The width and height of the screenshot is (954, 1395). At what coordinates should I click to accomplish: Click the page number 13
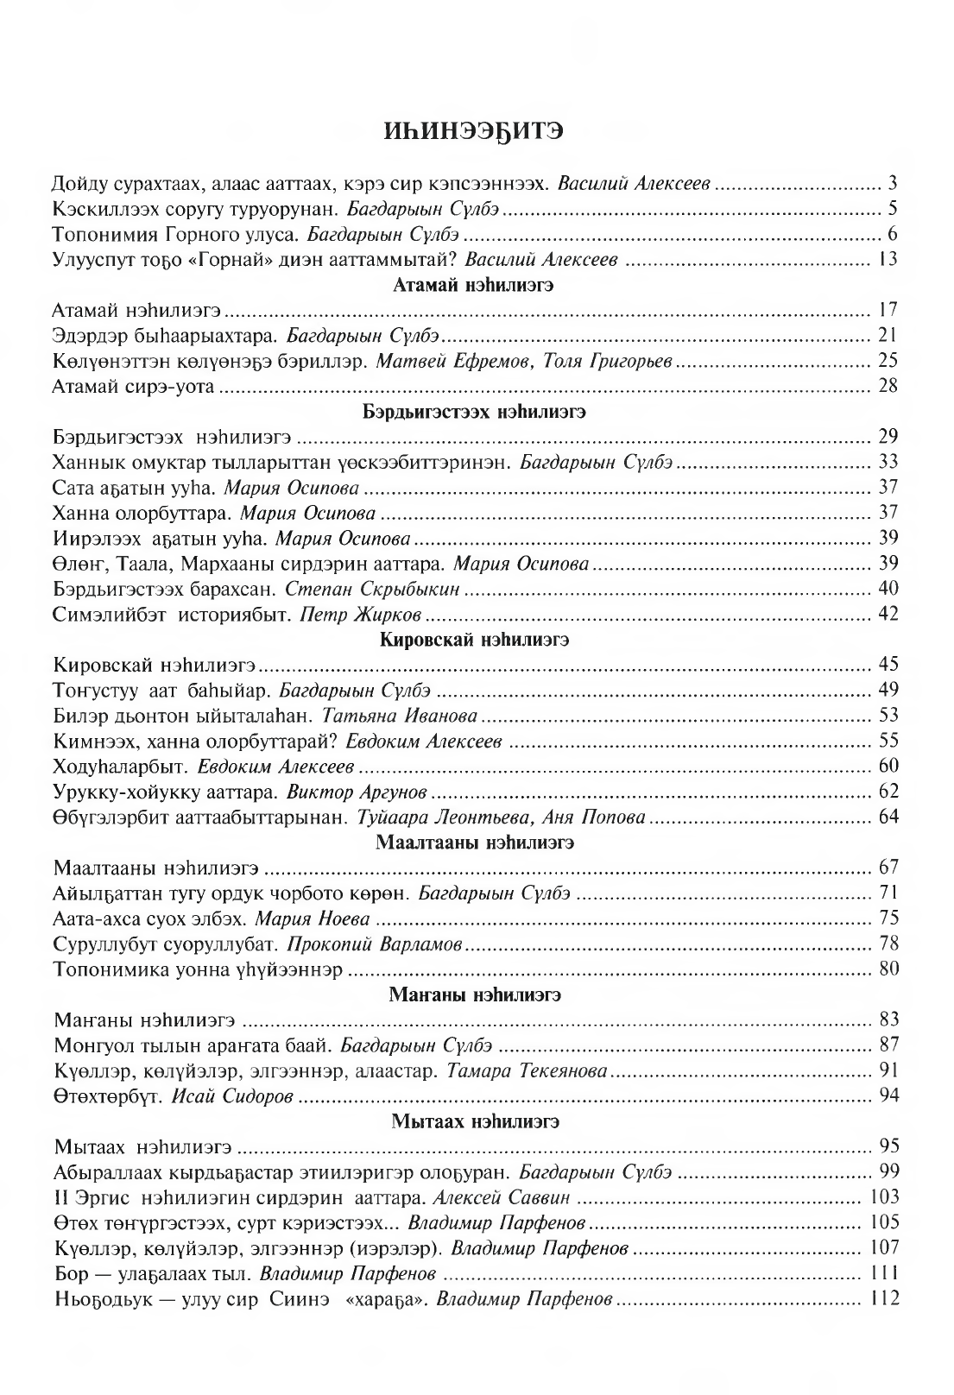pyautogui.click(x=888, y=259)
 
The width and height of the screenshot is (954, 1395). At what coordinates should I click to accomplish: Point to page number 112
pyautogui.click(x=885, y=1298)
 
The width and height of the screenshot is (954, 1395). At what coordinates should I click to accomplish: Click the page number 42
pyautogui.click(x=888, y=614)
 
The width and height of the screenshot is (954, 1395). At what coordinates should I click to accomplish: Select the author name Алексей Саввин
pyautogui.click(x=502, y=1197)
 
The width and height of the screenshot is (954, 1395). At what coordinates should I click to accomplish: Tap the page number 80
pyautogui.click(x=888, y=969)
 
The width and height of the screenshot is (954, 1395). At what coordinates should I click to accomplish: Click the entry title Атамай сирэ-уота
pyautogui.click(x=133, y=386)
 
